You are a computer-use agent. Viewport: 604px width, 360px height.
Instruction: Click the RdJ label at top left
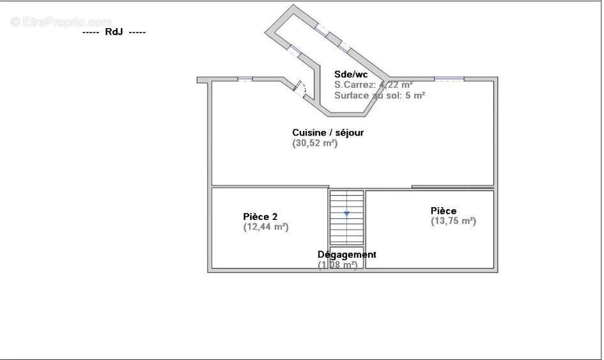coord(114,31)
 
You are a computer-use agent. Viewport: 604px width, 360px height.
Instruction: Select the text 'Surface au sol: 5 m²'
coord(380,95)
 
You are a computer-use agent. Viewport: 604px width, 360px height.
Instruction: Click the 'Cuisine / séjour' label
coord(328,132)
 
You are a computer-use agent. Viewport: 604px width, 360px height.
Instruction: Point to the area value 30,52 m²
coord(314,144)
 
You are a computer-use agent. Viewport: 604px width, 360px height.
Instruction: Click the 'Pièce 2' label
coord(260,216)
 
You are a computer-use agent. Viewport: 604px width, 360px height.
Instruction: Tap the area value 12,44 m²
coord(266,226)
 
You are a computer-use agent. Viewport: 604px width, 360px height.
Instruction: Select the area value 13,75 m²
coord(453,221)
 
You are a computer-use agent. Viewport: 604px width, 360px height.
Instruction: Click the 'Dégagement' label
coord(347,254)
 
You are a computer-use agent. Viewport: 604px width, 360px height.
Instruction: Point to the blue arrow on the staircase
coord(346,213)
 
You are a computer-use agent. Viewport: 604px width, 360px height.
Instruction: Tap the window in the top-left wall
coord(245,79)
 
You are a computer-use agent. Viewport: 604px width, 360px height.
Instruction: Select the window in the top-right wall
coord(449,79)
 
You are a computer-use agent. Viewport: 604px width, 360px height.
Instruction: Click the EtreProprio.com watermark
coord(61,22)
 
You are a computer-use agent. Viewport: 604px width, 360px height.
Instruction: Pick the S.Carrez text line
coord(373,84)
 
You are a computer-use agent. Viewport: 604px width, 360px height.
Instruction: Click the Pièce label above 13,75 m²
coord(444,210)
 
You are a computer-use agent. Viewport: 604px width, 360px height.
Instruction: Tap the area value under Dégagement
coord(337,265)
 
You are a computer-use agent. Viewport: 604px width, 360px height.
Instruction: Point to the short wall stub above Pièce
coord(453,187)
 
